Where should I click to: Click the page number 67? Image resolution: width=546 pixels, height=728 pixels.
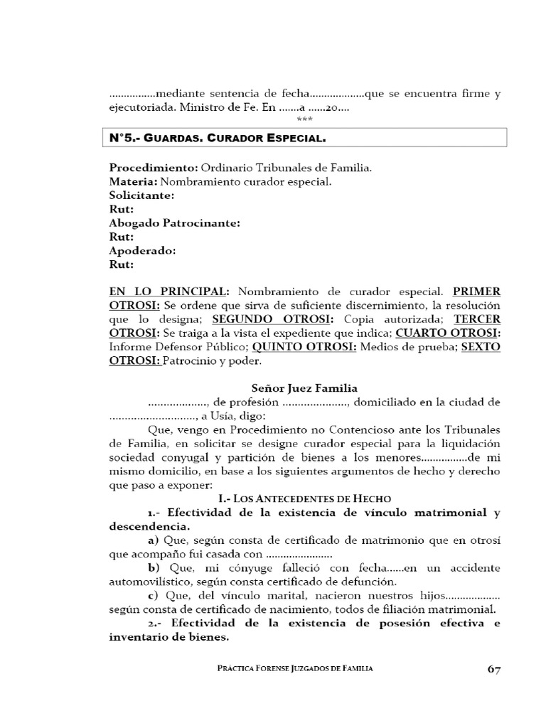tap(495, 669)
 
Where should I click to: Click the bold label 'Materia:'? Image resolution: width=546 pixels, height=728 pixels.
tap(132, 182)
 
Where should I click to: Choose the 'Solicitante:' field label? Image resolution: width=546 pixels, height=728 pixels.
tap(141, 196)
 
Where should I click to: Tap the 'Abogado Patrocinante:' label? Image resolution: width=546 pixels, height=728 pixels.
tap(175, 223)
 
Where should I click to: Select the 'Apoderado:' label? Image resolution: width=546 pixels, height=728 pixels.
tap(142, 251)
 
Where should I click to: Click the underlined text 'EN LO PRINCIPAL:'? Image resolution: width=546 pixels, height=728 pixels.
tap(169, 292)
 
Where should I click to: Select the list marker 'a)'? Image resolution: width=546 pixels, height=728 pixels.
tap(154, 540)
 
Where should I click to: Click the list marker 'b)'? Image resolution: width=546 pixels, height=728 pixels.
tap(154, 568)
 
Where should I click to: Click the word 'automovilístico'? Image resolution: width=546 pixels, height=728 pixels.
tap(148, 582)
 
